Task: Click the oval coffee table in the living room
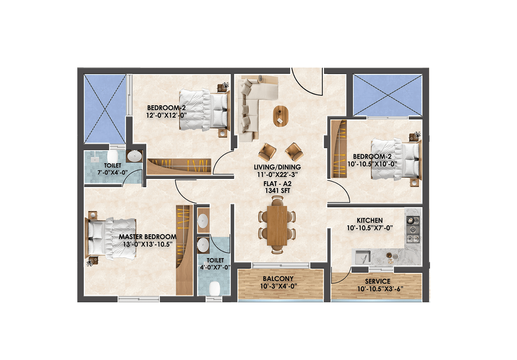coord(281,116)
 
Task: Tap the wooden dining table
coord(277,225)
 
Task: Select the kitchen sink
coord(362,257)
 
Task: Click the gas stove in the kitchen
coord(413,230)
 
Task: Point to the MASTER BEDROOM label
coord(148,237)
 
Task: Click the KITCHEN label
coord(370,220)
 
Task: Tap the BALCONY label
coord(278,279)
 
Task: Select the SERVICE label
coord(378,281)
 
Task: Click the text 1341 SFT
coord(277,191)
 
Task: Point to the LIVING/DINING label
coord(277,167)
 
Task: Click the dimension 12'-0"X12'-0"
coord(166,115)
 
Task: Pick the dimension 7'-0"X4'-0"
coord(113,172)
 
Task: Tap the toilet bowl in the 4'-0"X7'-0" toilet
coord(215,288)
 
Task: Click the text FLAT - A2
coord(277,184)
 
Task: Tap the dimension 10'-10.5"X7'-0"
coord(370,228)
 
